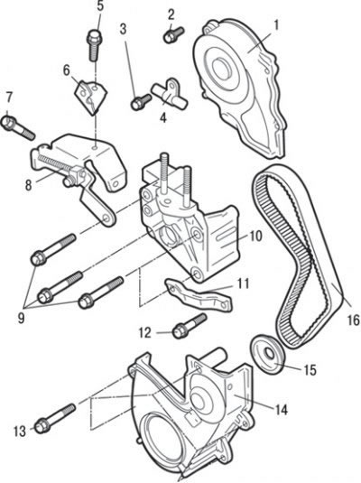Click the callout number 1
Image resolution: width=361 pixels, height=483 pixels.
[x=276, y=25]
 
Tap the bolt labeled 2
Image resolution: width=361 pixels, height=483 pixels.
[x=173, y=35]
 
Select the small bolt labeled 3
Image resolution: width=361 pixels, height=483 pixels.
[x=141, y=102]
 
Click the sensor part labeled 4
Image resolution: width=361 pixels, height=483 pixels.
[x=170, y=94]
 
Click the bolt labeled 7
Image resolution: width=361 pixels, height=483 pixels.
[x=18, y=128]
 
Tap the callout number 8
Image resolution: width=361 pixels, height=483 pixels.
[x=28, y=185]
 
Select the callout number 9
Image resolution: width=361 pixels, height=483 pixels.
[x=21, y=318]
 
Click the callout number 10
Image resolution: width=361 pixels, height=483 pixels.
[x=255, y=236]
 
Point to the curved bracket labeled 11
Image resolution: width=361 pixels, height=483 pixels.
[x=199, y=295]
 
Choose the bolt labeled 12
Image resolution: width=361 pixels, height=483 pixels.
[x=190, y=326]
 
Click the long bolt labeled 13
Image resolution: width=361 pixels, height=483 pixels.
[x=55, y=419]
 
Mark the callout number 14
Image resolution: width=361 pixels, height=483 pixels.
[x=281, y=409]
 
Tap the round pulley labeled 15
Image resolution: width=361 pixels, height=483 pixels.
[x=268, y=354]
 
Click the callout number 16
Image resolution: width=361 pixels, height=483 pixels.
[x=353, y=320]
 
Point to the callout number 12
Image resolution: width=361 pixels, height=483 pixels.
[x=144, y=333]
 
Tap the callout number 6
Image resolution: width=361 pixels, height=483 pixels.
[x=67, y=70]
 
